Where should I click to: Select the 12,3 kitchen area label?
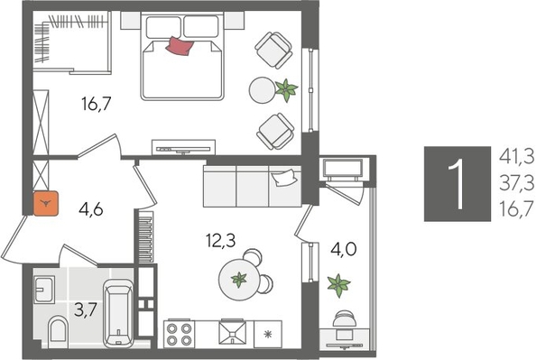pyautogui.click(x=219, y=240)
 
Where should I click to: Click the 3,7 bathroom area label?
pyautogui.click(x=87, y=309)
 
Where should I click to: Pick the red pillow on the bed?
pyautogui.click(x=180, y=47)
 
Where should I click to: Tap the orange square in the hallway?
pyautogui.click(x=45, y=204)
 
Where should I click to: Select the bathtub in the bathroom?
pyautogui.click(x=119, y=314)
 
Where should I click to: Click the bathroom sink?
pyautogui.click(x=46, y=290)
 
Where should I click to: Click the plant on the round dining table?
pyautogui.click(x=238, y=280)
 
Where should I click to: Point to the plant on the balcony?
pyautogui.click(x=338, y=287)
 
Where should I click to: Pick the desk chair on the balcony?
pyautogui.click(x=346, y=321)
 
